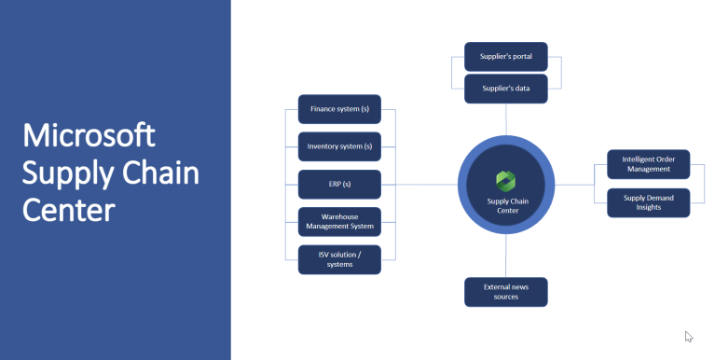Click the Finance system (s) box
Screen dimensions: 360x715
click(339, 109)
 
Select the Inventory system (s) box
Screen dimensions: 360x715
click(339, 146)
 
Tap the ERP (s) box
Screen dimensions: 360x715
click(339, 185)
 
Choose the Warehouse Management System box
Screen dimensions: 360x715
click(339, 222)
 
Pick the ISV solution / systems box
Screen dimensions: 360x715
click(339, 259)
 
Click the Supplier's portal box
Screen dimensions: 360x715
click(505, 56)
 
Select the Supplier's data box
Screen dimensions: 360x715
click(505, 89)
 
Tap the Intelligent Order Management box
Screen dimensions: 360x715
click(648, 164)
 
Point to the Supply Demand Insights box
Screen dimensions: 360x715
click(648, 202)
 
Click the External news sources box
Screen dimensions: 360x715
click(505, 292)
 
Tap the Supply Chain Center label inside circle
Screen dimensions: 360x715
click(506, 205)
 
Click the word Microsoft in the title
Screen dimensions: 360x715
click(89, 135)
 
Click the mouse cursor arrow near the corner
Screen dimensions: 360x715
click(688, 336)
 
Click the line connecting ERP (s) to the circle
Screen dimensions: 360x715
click(419, 185)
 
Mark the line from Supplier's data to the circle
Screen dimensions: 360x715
click(506, 118)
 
